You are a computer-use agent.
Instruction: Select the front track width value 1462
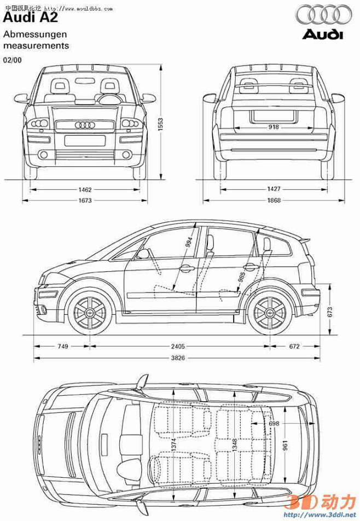coord(85,189)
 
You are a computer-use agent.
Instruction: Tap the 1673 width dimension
coord(85,201)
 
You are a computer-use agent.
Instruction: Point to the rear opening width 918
coord(274,127)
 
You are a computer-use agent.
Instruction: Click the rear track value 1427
coord(274,189)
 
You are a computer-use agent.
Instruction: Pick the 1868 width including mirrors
coord(274,201)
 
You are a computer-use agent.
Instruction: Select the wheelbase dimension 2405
coord(178,346)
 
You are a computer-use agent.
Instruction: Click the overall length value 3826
coord(178,358)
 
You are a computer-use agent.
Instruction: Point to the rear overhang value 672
coord(294,346)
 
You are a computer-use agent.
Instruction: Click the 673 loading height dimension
coord(330,312)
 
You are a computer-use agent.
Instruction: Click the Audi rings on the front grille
coord(85,125)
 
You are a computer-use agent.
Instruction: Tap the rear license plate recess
coord(274,116)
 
